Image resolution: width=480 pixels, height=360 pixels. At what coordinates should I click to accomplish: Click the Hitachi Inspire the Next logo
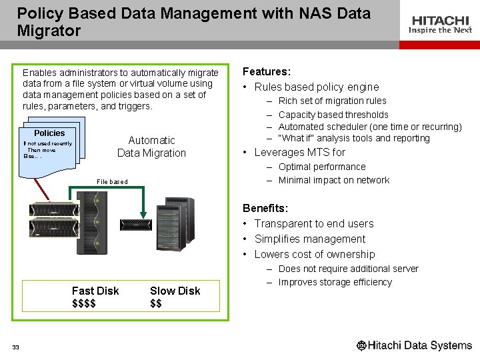pyautogui.click(x=440, y=25)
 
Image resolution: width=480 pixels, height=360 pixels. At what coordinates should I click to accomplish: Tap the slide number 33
pyautogui.click(x=15, y=347)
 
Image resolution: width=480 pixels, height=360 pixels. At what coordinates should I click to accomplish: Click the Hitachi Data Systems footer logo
pyautogui.click(x=414, y=345)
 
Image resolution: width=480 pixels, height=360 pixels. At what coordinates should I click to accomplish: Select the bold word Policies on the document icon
pyautogui.click(x=49, y=133)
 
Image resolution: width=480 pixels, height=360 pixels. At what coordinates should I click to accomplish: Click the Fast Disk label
pyautogui.click(x=95, y=291)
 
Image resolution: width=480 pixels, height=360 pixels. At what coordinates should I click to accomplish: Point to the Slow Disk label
pyautogui.click(x=175, y=291)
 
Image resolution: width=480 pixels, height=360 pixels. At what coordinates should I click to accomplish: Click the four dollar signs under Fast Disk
pyautogui.click(x=84, y=303)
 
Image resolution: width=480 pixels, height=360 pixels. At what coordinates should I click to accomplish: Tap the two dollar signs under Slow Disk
pyautogui.click(x=156, y=303)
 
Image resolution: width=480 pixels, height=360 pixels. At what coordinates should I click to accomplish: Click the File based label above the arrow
pyautogui.click(x=112, y=181)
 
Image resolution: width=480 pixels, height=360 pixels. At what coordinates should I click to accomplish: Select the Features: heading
pyautogui.click(x=267, y=71)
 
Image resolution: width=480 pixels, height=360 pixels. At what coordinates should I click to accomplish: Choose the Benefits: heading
pyautogui.click(x=265, y=209)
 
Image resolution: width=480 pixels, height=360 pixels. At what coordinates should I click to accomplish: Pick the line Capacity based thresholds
pyautogui.click(x=333, y=115)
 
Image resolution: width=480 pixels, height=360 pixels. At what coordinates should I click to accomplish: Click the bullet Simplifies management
pyautogui.click(x=309, y=239)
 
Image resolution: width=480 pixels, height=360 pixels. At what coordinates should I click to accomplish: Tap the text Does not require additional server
pyautogui.click(x=348, y=269)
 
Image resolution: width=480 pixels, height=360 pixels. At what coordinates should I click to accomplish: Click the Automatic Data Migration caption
pyautogui.click(x=151, y=147)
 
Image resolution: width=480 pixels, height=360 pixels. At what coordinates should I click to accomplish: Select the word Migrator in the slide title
pyautogui.click(x=49, y=31)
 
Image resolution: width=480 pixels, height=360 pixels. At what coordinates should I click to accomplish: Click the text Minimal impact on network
pyautogui.click(x=333, y=180)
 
